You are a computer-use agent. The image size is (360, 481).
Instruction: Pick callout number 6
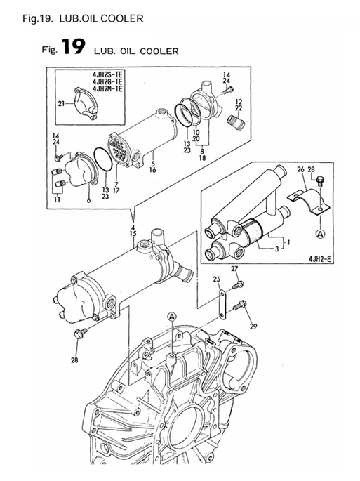pyautogui.click(x=88, y=201)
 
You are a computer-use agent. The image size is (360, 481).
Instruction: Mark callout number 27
pyautogui.click(x=235, y=269)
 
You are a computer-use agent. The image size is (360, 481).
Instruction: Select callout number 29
pyautogui.click(x=253, y=327)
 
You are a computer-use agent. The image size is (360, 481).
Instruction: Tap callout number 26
pyautogui.click(x=300, y=169)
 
